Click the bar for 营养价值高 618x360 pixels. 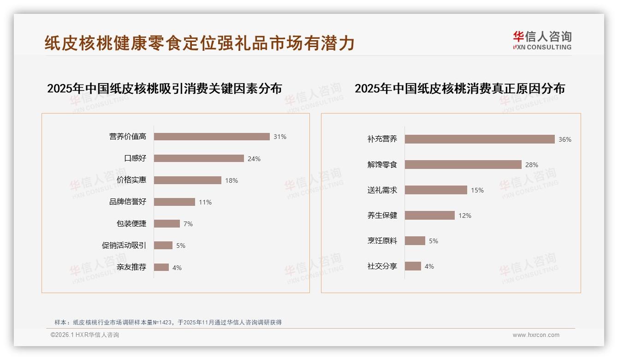click(x=212, y=137)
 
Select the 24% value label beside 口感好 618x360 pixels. click(x=254, y=159)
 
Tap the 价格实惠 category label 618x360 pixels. click(x=131, y=180)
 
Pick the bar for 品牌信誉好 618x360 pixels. click(x=174, y=202)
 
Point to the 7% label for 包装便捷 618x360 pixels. click(x=188, y=224)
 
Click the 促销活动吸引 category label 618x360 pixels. click(x=124, y=246)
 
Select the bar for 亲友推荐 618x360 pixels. click(x=161, y=267)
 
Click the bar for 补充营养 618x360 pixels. click(x=480, y=139)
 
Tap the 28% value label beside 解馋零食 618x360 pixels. click(x=532, y=165)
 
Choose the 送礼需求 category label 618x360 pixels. click(x=382, y=190)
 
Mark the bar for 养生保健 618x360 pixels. click(x=430, y=216)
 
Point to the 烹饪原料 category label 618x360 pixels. click(x=382, y=241)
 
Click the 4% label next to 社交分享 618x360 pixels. click(x=429, y=266)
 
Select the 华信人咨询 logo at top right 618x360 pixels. click(x=542, y=41)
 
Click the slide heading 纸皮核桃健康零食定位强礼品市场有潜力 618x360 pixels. click(x=200, y=43)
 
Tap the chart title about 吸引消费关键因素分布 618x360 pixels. click(x=164, y=89)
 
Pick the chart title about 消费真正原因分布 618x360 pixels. click(x=459, y=89)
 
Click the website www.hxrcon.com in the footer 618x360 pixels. click(x=536, y=335)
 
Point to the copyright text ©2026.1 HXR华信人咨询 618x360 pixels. click(x=85, y=335)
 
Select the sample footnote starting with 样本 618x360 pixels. click(x=168, y=323)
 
